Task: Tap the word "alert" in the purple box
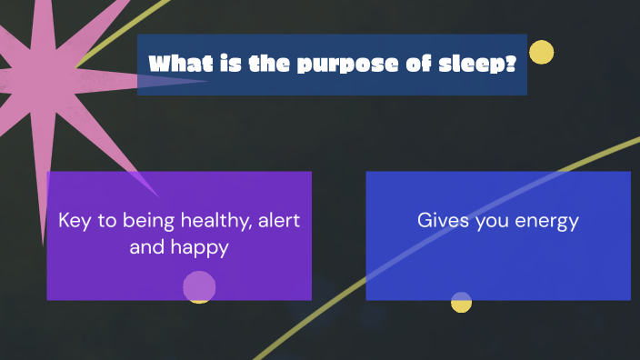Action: [x=280, y=221]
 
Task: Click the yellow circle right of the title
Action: [x=541, y=53]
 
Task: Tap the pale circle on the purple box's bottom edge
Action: [x=199, y=286]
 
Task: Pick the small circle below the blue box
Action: [x=462, y=302]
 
